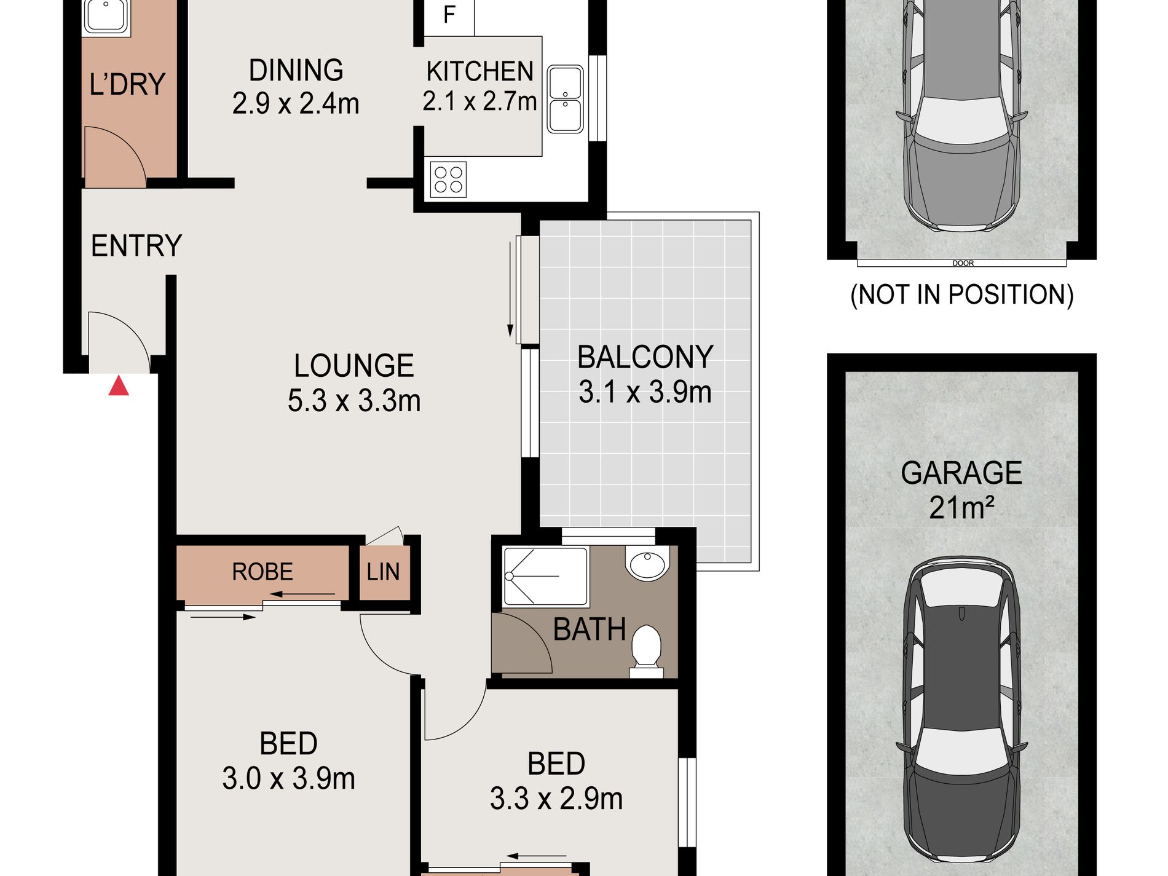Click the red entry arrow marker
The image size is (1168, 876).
pyautogui.click(x=119, y=386)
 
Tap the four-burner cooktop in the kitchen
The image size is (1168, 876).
pyautogui.click(x=448, y=180)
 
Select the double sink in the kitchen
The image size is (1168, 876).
pyautogui.click(x=565, y=99)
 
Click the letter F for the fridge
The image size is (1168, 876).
pyautogui.click(x=449, y=15)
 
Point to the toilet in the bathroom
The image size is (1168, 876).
pyautogui.click(x=646, y=651)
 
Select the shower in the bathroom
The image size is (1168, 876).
pyautogui.click(x=546, y=577)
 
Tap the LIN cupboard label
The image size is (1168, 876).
pyautogui.click(x=383, y=572)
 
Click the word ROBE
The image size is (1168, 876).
pyautogui.click(x=262, y=572)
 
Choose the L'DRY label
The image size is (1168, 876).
pyautogui.click(x=127, y=84)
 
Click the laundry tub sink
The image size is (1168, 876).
pyautogui.click(x=106, y=17)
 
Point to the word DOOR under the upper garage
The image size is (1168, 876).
pyautogui.click(x=963, y=263)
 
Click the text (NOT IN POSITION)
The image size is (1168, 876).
pyautogui.click(x=962, y=294)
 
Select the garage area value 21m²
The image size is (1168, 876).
pyautogui.click(x=961, y=508)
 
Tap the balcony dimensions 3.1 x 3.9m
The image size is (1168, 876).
pyautogui.click(x=645, y=392)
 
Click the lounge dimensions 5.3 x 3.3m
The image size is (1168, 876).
pyautogui.click(x=354, y=401)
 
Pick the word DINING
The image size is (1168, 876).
pyautogui.click(x=296, y=70)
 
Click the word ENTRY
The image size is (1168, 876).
pyautogui.click(x=136, y=246)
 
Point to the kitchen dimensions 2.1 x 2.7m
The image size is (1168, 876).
pyautogui.click(x=479, y=101)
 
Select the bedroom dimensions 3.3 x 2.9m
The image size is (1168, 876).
pyautogui.click(x=556, y=799)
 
